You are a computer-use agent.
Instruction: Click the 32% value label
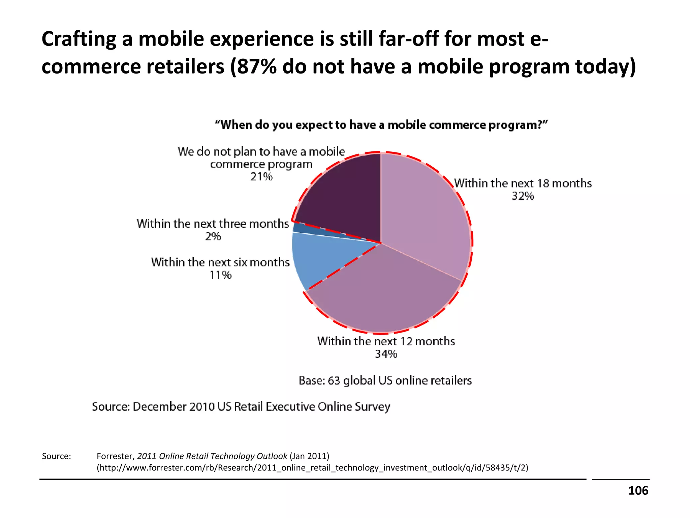523,196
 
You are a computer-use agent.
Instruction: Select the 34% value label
386,354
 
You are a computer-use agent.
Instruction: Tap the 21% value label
261,177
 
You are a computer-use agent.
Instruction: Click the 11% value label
220,275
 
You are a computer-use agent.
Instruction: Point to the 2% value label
213,236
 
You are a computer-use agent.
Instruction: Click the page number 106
638,491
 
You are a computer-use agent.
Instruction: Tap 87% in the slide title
256,67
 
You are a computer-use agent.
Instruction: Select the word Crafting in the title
79,39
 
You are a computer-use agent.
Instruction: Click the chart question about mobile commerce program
381,125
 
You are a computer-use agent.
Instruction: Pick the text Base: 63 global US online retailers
385,380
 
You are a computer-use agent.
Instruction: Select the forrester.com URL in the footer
312,468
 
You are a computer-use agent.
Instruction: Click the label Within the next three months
213,224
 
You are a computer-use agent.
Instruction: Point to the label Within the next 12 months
386,341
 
